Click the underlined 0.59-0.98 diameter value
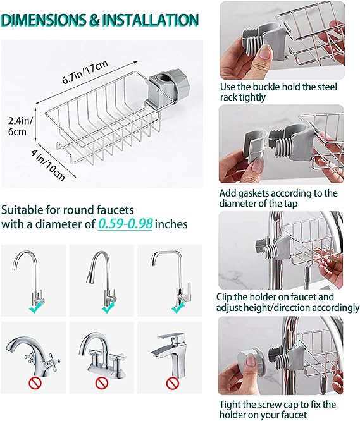(x=125, y=224)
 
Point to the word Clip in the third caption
(x=228, y=296)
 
